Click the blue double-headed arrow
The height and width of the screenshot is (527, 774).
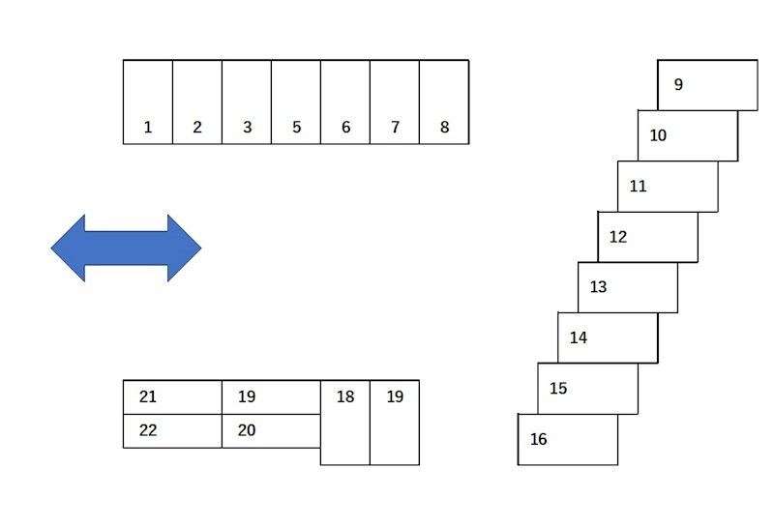[126, 248]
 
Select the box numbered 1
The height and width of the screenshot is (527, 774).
[148, 102]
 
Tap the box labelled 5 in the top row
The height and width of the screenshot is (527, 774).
[296, 102]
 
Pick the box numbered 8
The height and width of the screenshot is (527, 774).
[444, 102]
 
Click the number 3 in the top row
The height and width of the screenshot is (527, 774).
[248, 128]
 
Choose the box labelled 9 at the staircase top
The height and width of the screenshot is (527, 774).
[707, 85]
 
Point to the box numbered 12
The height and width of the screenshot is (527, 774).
[647, 237]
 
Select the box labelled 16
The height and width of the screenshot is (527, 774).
[568, 439]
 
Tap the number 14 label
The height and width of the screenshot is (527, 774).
[579, 337]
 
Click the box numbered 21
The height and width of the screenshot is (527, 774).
[172, 397]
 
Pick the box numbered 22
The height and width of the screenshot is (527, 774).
[172, 431]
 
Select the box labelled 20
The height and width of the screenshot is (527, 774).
[271, 431]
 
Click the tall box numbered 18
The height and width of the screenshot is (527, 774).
[345, 423]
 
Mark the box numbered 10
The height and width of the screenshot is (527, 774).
[688, 135]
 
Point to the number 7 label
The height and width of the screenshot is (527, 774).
[395, 128]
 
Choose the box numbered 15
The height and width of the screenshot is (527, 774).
[588, 389]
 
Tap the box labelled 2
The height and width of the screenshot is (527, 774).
[197, 102]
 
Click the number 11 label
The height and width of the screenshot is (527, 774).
[638, 186]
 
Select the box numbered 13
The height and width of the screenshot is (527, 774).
[628, 287]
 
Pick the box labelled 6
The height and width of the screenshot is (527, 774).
[345, 102]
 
